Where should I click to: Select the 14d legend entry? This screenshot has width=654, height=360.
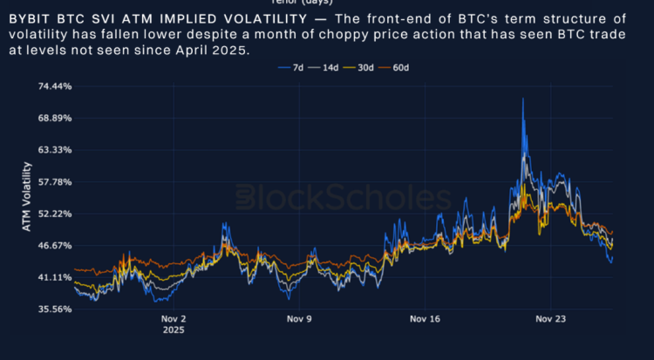(x=325, y=67)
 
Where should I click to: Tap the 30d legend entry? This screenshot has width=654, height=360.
(x=361, y=67)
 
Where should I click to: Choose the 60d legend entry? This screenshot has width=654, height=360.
(x=397, y=67)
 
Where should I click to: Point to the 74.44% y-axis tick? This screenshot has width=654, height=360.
(x=54, y=86)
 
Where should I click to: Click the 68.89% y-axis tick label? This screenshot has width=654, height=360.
(x=54, y=119)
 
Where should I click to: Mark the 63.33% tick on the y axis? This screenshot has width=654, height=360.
(x=54, y=150)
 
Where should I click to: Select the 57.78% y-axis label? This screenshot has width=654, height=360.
(x=54, y=182)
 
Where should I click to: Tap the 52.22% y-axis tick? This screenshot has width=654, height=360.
(x=54, y=214)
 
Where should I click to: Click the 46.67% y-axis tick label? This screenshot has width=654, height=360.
(x=54, y=246)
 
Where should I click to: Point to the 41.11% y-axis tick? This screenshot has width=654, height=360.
(x=54, y=277)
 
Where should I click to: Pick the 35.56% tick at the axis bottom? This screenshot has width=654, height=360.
(x=54, y=309)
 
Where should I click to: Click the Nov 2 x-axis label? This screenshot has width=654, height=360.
(x=174, y=319)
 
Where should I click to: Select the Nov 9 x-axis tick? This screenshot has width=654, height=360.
(x=299, y=319)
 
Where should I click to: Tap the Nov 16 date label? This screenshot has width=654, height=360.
(x=425, y=319)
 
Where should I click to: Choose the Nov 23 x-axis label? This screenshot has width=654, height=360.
(x=551, y=319)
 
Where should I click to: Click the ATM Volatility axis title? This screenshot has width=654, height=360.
(x=26, y=197)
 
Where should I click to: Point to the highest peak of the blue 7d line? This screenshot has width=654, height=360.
(x=522, y=98)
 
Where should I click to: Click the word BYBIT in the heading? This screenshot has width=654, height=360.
(x=30, y=18)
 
